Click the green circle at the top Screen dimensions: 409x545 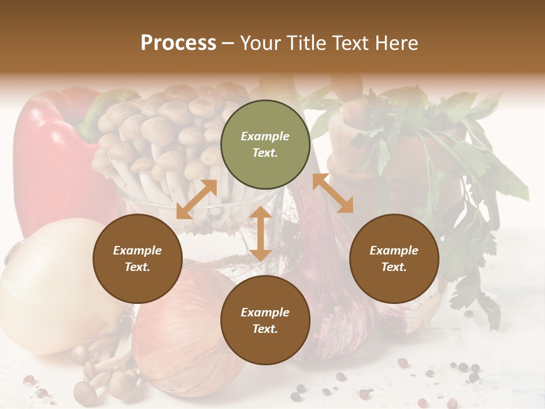click(x=265, y=145)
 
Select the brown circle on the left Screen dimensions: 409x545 click(x=137, y=259)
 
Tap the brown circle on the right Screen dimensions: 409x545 click(x=394, y=259)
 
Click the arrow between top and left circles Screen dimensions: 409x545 click(x=196, y=199)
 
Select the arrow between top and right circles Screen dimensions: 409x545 click(x=333, y=193)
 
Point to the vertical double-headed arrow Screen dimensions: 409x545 click(x=260, y=233)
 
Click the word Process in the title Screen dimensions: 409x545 click(x=178, y=43)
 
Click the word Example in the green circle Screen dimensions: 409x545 click(x=265, y=136)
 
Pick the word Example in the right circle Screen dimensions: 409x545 click(x=394, y=251)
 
